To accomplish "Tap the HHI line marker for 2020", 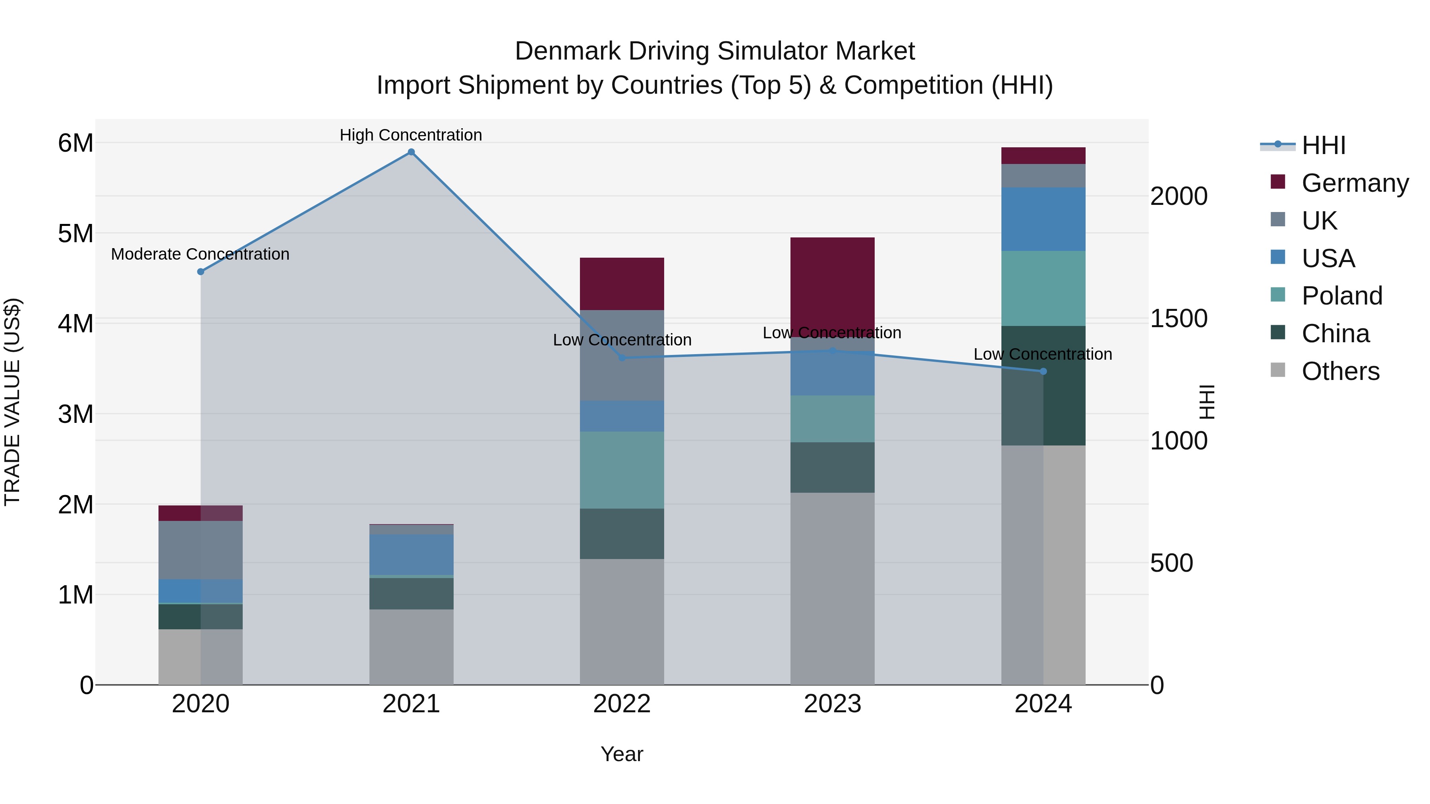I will pos(201,272).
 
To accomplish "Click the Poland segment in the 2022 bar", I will pos(622,470).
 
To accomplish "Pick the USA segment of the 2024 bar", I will pos(1043,219).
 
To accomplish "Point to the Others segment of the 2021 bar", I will pos(412,647).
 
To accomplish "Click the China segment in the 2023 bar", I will pos(832,467).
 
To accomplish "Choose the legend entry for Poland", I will pos(1341,296).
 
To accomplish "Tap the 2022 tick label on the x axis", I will pos(622,704).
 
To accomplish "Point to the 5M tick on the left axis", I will pos(76,233).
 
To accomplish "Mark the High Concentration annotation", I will pos(411,135).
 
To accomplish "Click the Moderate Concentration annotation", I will pos(201,254).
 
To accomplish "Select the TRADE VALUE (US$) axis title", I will pos(13,402).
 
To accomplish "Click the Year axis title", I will pos(622,754).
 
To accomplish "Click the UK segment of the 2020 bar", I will pos(201,550).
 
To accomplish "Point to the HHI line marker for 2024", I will pos(1043,371).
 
